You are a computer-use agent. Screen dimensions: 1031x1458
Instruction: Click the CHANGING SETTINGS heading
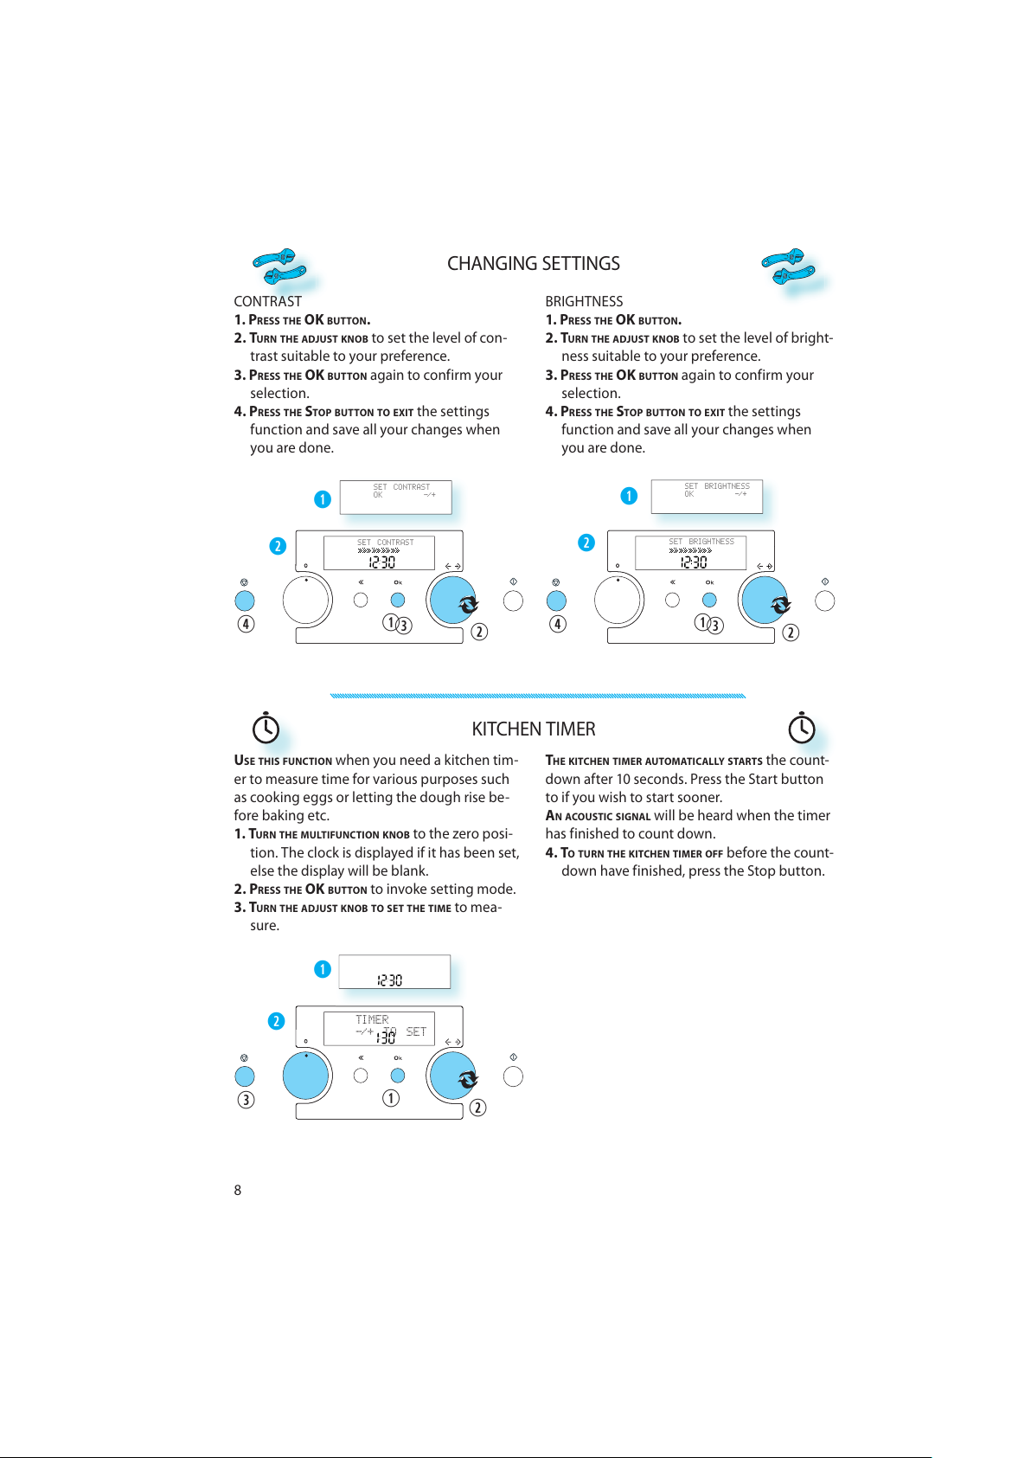point(534,264)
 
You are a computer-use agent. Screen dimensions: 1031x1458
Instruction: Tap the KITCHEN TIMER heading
point(534,729)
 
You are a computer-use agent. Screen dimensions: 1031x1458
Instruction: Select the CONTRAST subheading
point(267,301)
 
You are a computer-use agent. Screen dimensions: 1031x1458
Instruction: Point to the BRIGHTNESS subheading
point(584,301)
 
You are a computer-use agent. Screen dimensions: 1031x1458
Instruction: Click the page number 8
point(237,1190)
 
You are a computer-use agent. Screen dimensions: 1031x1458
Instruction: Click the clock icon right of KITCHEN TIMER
point(802,728)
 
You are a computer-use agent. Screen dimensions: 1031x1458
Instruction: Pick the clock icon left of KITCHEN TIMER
point(266,728)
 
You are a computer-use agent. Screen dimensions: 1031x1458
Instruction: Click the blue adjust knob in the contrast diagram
point(452,601)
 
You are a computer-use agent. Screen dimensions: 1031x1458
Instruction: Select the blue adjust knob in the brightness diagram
point(765,601)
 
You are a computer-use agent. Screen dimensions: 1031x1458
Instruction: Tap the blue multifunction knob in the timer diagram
point(305,1076)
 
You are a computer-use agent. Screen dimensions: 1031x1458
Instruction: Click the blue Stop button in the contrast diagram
point(245,601)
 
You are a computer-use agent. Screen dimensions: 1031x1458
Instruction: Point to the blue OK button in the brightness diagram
point(709,601)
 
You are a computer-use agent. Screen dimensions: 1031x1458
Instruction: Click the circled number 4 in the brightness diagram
point(558,624)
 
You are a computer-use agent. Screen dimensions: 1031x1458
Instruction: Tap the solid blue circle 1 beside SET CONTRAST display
point(323,499)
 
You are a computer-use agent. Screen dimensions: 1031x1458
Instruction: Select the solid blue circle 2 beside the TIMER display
point(277,1021)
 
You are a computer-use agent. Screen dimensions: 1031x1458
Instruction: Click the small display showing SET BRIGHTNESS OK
point(707,497)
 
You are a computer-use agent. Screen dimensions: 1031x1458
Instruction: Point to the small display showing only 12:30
point(394,972)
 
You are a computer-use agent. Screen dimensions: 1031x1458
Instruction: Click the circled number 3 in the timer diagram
point(246,1100)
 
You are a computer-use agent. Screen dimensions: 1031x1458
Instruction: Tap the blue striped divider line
point(538,696)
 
